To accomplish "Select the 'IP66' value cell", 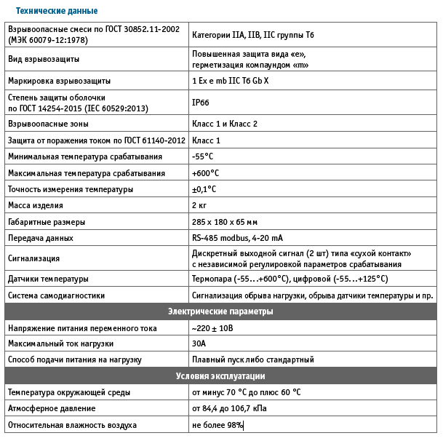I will pos(201,103).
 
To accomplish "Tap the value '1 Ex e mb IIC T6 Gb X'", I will pos(230,80).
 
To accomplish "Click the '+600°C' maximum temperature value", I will pos(205,173).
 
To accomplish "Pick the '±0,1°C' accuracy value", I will pos(204,189).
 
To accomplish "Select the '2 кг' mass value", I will pos(199,206).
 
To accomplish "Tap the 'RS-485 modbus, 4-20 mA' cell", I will pos(237,238).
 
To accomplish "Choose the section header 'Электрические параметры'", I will pos(220,311).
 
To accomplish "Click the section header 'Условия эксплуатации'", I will pos(220,376).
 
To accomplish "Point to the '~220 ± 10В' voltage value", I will pos(213,328).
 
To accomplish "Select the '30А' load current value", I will pos(199,343).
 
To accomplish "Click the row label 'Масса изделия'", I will pos(36,206).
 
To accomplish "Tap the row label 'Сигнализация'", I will pos(34,258).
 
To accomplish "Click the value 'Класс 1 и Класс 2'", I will pos(224,124).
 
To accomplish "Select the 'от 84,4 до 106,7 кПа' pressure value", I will pos(229,409).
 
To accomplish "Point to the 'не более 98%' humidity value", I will pos(217,425).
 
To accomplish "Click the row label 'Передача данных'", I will pos(41,238).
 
